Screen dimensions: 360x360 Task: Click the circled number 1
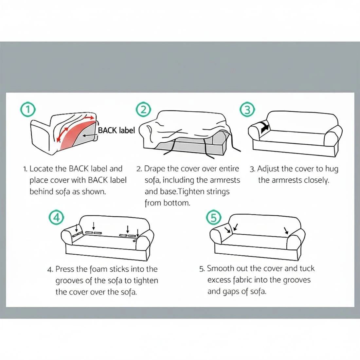click(x=28, y=110)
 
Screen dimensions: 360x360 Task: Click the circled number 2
click(x=143, y=110)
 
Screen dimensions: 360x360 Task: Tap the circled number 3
click(x=247, y=110)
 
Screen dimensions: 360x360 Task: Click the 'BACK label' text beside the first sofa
click(x=117, y=130)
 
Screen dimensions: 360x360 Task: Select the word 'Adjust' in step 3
click(x=268, y=169)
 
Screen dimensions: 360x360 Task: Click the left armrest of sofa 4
click(x=68, y=237)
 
